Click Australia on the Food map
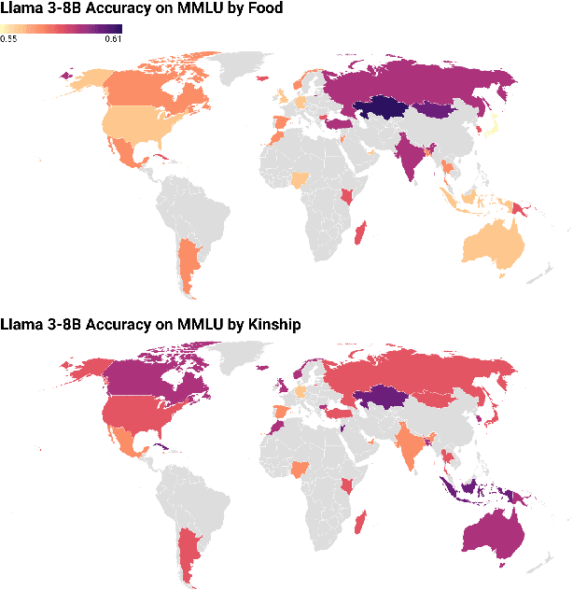[496, 242]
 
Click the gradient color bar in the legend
[62, 29]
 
